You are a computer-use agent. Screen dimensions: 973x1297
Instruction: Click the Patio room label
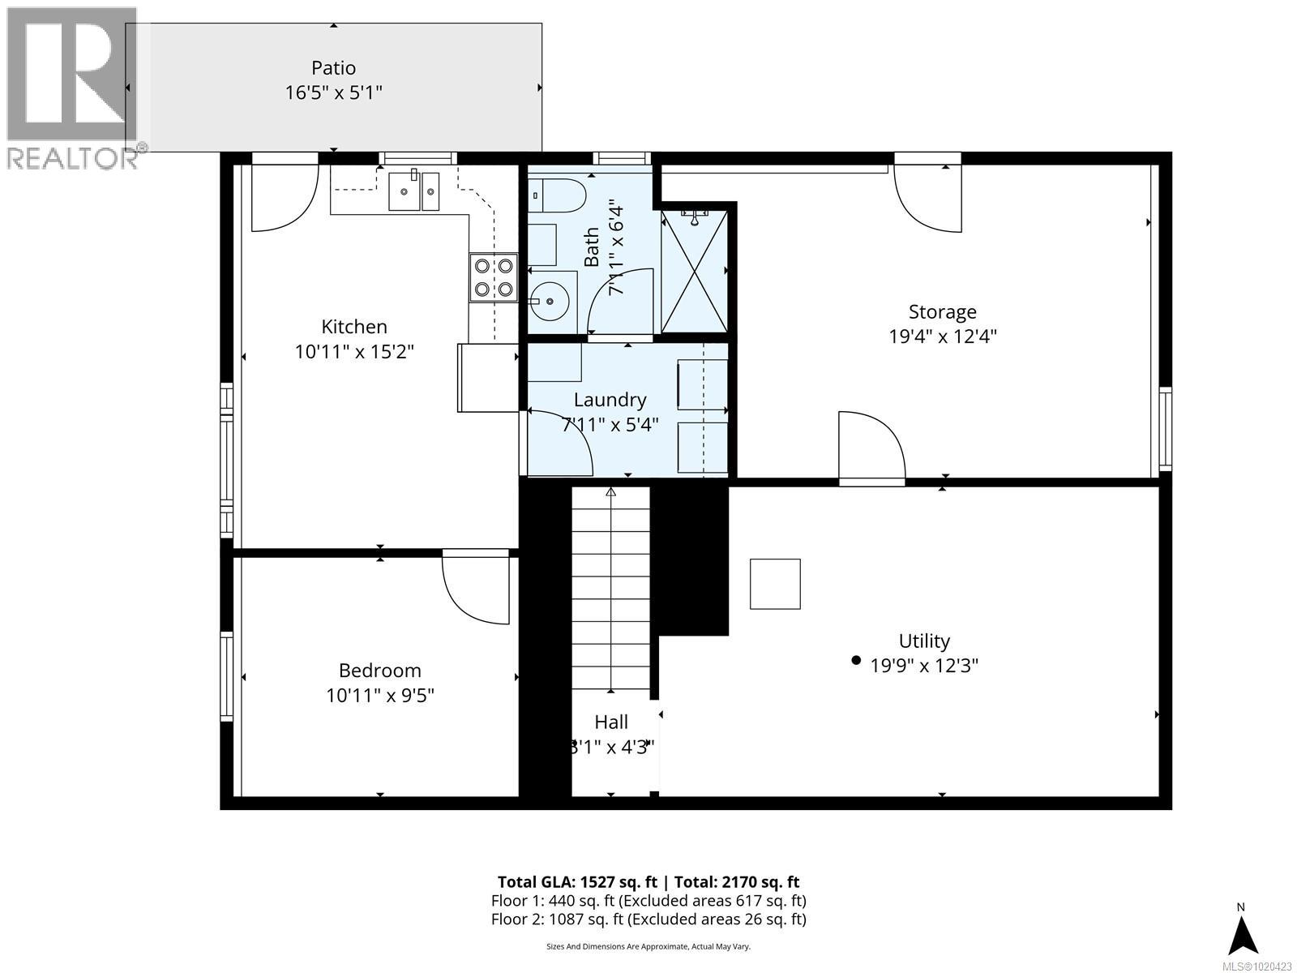[333, 68]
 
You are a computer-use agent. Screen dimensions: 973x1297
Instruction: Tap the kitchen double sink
[413, 191]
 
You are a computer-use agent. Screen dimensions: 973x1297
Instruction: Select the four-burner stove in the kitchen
[493, 276]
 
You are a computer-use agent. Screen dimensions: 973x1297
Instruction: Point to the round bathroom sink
[550, 301]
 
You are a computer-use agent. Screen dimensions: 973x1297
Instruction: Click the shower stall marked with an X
[694, 271]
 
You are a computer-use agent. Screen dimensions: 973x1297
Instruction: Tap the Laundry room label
[610, 400]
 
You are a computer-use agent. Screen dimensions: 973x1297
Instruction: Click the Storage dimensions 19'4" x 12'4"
[942, 336]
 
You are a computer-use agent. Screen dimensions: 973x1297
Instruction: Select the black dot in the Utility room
[856, 661]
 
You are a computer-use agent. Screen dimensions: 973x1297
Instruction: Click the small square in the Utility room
[775, 584]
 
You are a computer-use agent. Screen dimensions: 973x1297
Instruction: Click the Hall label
[610, 722]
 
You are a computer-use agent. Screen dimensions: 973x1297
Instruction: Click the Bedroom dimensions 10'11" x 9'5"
[380, 695]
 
